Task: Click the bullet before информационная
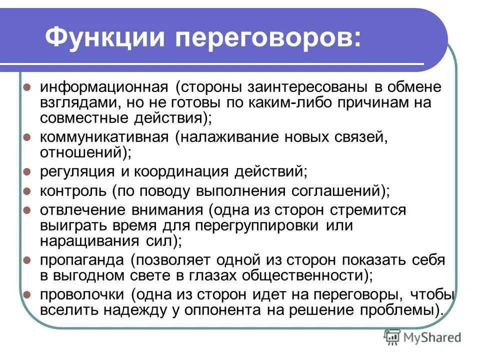tap(27, 87)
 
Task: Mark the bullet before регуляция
tap(27, 172)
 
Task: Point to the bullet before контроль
tap(27, 190)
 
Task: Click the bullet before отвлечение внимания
tap(27, 209)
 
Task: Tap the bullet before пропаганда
tap(27, 260)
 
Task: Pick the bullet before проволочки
tap(27, 293)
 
